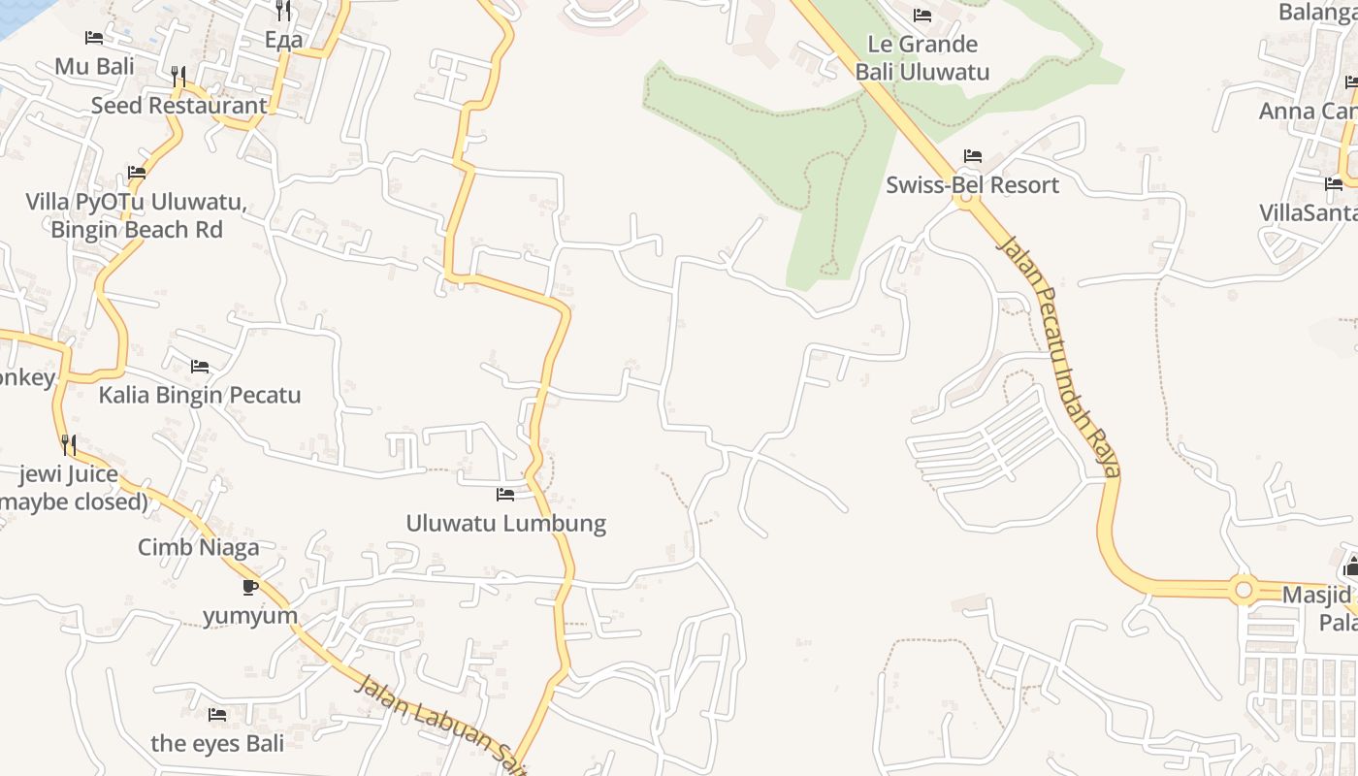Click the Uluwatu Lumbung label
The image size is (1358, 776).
[x=505, y=524]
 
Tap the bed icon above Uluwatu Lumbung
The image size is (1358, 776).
[x=505, y=495]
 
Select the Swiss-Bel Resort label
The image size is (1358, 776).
[x=972, y=184]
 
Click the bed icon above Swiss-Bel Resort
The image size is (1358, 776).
[x=973, y=156]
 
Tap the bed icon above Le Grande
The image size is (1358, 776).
[x=922, y=16]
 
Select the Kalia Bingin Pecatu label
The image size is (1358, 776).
[x=200, y=396]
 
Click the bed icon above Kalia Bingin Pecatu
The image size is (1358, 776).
[x=200, y=367]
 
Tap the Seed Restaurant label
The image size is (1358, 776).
[x=178, y=105]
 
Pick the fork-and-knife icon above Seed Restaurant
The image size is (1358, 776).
[x=178, y=76]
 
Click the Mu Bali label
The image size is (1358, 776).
[x=94, y=66]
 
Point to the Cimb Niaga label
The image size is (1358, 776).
[x=199, y=547]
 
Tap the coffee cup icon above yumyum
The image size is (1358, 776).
[x=250, y=587]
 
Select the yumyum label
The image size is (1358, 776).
[x=250, y=616]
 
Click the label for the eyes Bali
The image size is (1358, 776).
[x=217, y=744]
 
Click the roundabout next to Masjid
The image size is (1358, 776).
[x=1243, y=590]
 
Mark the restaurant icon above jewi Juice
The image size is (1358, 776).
[x=69, y=445]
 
